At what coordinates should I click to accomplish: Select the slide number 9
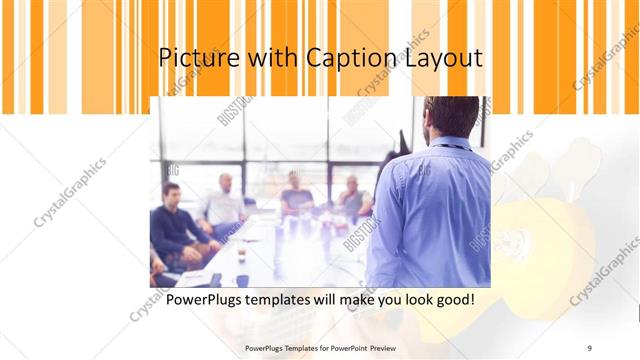pos(590,347)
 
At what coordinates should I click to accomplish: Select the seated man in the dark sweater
pos(176,225)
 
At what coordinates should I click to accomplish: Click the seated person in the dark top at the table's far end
pos(296,195)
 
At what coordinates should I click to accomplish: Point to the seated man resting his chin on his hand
pos(352,198)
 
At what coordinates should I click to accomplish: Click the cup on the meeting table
pos(242,280)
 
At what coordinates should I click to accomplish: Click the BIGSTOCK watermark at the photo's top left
pos(235,111)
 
